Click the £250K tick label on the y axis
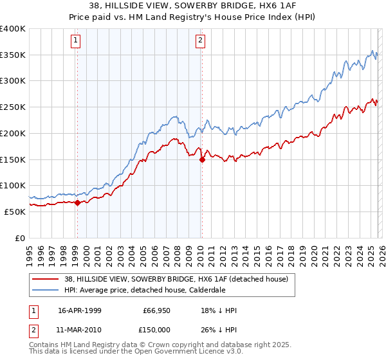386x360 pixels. click(x=13, y=107)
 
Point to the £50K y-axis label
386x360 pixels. click(x=15, y=212)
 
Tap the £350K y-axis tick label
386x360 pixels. click(x=13, y=55)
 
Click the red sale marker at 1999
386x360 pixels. click(x=77, y=203)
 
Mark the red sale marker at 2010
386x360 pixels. click(x=202, y=159)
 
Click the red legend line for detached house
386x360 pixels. click(x=46, y=278)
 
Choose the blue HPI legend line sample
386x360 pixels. click(x=46, y=289)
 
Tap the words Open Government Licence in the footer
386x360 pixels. click(x=192, y=353)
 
